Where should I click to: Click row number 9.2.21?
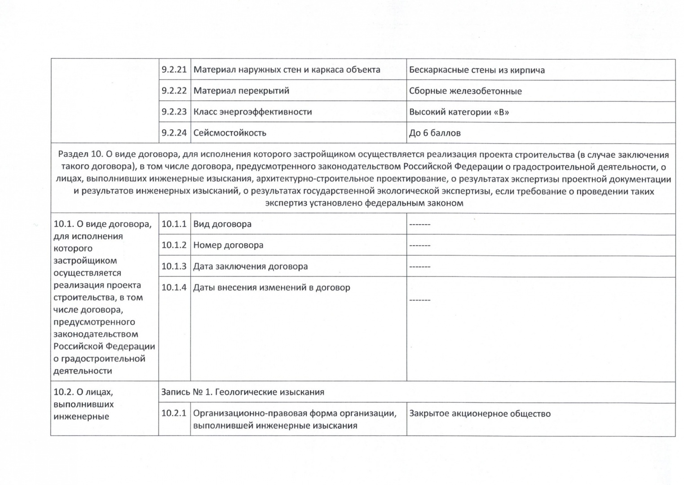tap(174, 70)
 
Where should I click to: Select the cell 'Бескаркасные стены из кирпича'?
tap(477, 70)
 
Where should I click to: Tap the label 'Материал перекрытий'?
tap(241, 91)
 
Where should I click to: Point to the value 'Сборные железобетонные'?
tap(465, 91)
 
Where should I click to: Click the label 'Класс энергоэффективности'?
tap(252, 112)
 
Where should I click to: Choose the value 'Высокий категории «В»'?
tap(459, 112)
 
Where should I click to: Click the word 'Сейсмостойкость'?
tap(229, 133)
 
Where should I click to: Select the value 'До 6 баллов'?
tap(435, 133)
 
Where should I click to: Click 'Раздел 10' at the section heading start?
tap(80, 154)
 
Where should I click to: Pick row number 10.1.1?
tap(174, 224)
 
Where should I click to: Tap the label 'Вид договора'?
tap(222, 224)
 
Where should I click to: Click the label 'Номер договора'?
tap(228, 245)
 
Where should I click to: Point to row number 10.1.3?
tap(174, 266)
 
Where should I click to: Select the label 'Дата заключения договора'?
tap(250, 266)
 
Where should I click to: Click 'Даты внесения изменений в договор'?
tap(271, 287)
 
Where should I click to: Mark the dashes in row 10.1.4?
tap(419, 300)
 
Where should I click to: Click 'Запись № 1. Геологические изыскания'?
tap(243, 392)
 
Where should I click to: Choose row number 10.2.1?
tap(174, 413)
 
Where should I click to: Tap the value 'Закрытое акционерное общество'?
tap(480, 414)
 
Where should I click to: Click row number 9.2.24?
tap(174, 133)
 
